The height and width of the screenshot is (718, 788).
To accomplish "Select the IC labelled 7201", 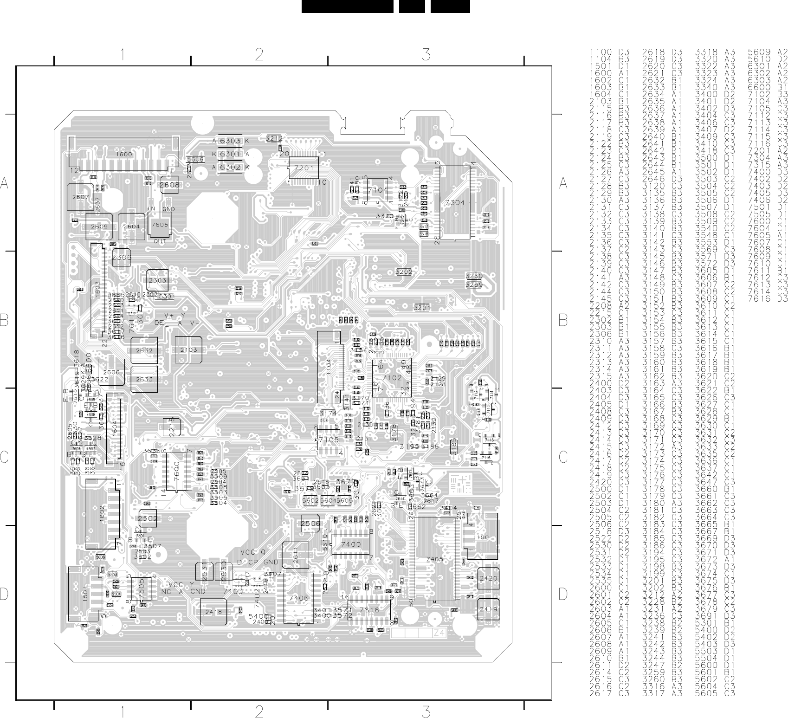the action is pyautogui.click(x=304, y=168).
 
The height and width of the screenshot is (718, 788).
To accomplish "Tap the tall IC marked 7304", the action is pyautogui.click(x=454, y=202).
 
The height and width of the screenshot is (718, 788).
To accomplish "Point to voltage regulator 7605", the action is pyautogui.click(x=160, y=225).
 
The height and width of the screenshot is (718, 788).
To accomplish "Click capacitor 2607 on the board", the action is pyautogui.click(x=80, y=197).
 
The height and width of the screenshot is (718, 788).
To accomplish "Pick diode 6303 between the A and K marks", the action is pyautogui.click(x=230, y=141).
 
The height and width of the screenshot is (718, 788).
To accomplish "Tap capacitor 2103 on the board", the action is pyautogui.click(x=189, y=349).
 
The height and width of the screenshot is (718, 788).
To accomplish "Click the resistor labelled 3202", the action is pyautogui.click(x=404, y=272).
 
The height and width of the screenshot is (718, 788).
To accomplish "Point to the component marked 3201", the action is pyautogui.click(x=422, y=307).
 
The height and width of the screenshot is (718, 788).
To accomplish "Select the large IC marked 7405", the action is pyautogui.click(x=435, y=559).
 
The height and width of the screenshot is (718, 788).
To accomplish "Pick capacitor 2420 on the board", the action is pyautogui.click(x=488, y=578).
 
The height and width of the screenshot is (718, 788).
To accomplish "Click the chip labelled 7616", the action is pyautogui.click(x=369, y=610).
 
